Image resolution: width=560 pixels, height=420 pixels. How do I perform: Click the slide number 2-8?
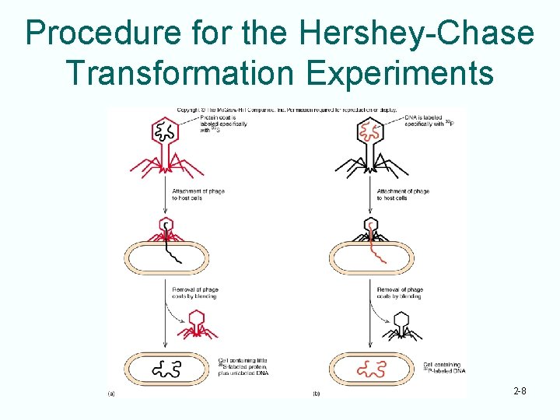tap(520, 391)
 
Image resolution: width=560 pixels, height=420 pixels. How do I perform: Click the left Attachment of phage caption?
tap(199, 194)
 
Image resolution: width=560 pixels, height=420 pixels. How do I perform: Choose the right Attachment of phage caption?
tap(403, 194)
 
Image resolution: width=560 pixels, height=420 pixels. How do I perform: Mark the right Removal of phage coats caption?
tap(399, 292)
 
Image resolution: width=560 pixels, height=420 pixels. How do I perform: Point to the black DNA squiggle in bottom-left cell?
tap(168, 368)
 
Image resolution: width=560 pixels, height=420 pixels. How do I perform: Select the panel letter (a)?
tap(111, 394)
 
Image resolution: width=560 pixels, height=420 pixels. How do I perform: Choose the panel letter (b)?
tap(316, 394)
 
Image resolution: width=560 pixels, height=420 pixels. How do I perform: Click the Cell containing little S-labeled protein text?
tap(243, 368)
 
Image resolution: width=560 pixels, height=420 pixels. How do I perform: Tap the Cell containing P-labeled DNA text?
tap(444, 367)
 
